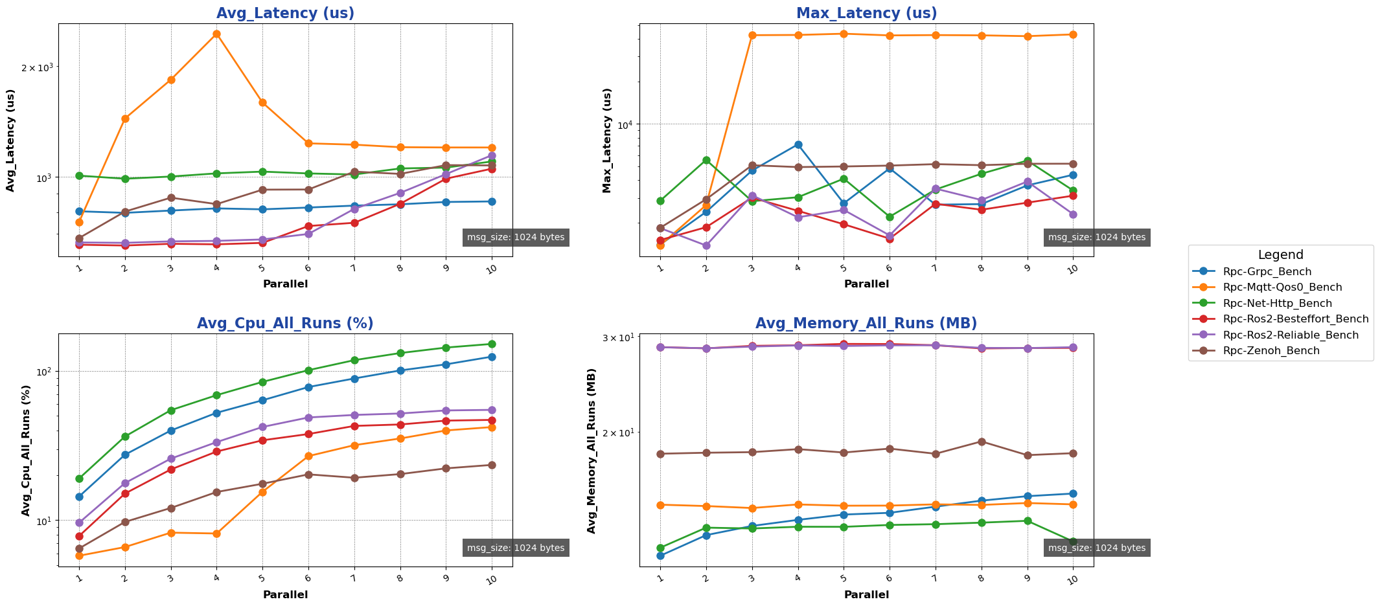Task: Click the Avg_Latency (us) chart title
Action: tap(285, 14)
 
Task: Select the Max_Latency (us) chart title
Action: tap(866, 14)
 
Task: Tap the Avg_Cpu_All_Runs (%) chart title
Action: tap(285, 324)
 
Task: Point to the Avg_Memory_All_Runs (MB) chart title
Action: tap(866, 324)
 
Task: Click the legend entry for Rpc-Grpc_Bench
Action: tap(1267, 272)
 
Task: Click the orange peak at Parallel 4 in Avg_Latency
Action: tap(216, 34)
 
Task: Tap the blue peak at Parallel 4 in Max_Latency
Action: tap(798, 144)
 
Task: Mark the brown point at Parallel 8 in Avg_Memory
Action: tap(982, 442)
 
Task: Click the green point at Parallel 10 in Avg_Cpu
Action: tap(492, 344)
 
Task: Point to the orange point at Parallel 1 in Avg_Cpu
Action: tap(79, 555)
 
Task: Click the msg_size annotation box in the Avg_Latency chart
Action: tap(516, 238)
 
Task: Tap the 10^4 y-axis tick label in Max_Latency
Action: tap(625, 124)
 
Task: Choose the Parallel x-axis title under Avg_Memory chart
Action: tap(866, 594)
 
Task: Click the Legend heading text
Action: tap(1280, 255)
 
